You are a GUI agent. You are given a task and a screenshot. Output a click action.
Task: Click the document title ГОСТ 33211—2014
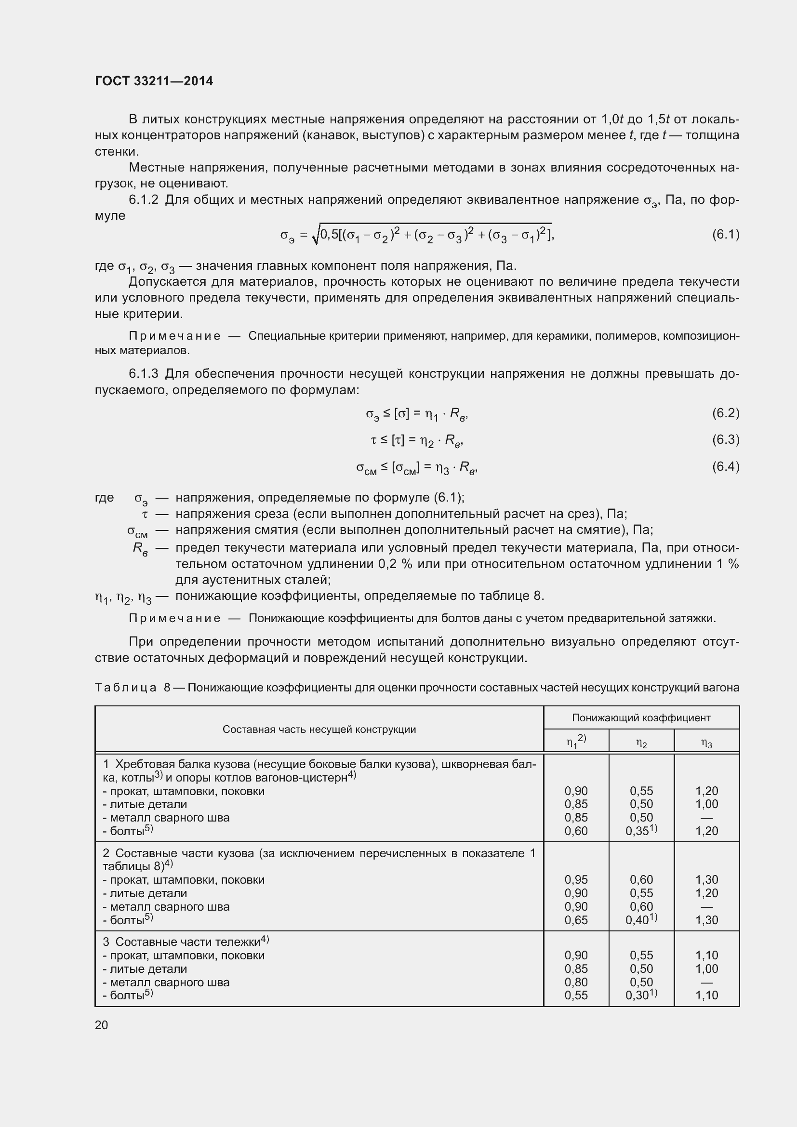[154, 81]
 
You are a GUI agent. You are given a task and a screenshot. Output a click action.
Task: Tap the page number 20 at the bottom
[101, 1025]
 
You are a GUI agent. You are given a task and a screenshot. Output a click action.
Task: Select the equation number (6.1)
[725, 235]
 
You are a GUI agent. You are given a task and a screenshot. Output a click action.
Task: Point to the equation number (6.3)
[725, 439]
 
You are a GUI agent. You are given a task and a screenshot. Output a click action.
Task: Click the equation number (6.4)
[725, 466]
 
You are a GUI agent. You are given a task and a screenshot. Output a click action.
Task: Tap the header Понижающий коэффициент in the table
[641, 718]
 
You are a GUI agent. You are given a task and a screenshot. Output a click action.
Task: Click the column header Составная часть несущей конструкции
[319, 729]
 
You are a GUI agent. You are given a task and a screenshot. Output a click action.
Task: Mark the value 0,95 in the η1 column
[576, 880]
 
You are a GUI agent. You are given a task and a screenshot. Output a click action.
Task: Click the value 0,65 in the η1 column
[576, 920]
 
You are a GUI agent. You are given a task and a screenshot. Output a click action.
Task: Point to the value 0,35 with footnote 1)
[638, 831]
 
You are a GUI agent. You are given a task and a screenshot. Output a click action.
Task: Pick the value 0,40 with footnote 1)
[638, 920]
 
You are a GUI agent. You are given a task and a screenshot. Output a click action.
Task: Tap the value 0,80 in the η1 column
[576, 982]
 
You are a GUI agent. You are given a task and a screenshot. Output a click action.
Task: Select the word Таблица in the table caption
[126, 688]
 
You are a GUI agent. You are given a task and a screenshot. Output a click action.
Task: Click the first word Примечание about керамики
[174, 336]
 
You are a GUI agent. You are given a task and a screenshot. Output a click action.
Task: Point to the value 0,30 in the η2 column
[638, 995]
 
